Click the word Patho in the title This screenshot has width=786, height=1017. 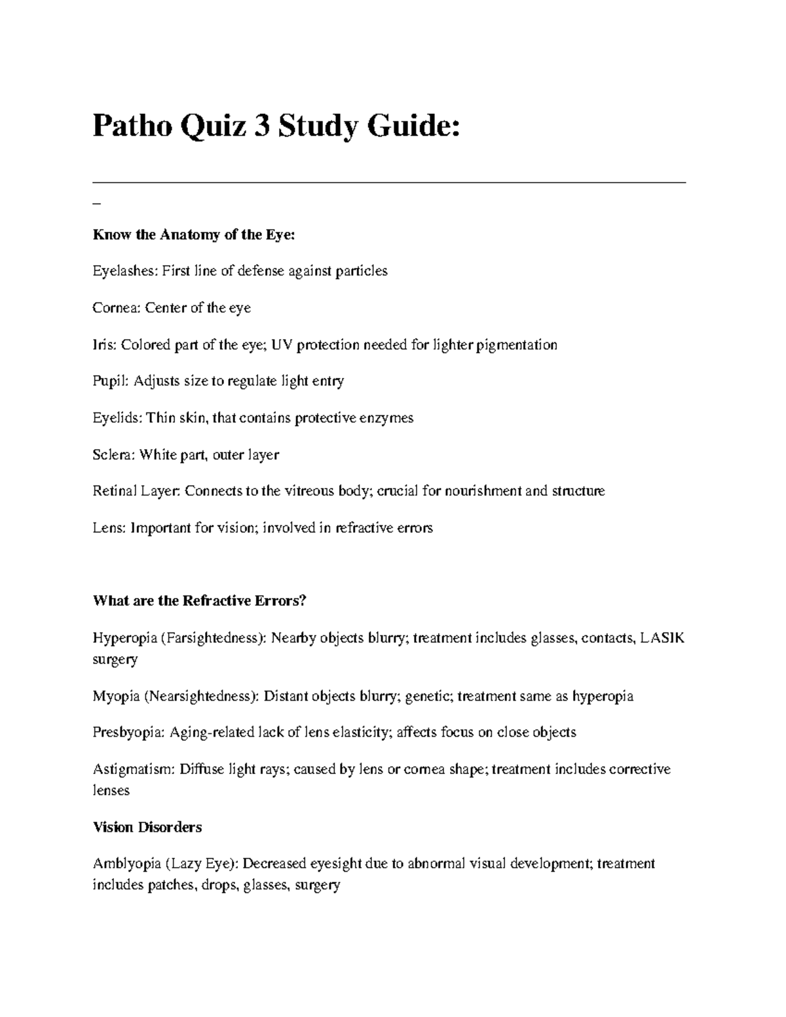point(131,125)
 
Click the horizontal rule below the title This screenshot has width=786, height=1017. point(389,183)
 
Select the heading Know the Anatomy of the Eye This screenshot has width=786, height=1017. point(194,234)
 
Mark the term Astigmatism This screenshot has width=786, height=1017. point(132,769)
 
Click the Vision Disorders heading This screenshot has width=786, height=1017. point(147,827)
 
